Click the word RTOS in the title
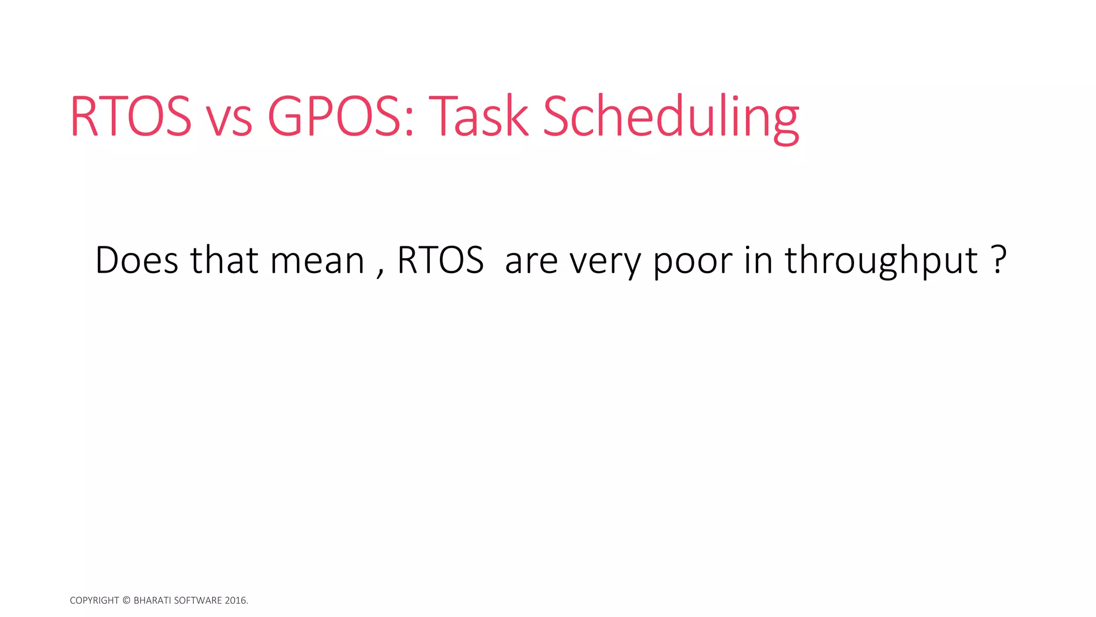tap(131, 117)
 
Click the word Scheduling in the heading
tap(671, 119)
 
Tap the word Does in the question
tap(137, 260)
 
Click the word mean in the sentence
tap(317, 262)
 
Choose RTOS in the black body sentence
tap(440, 260)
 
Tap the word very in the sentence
tap(605, 264)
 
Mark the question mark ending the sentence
tap(999, 260)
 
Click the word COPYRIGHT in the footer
tap(94, 600)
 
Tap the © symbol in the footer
tap(126, 600)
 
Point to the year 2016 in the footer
tap(235, 600)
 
